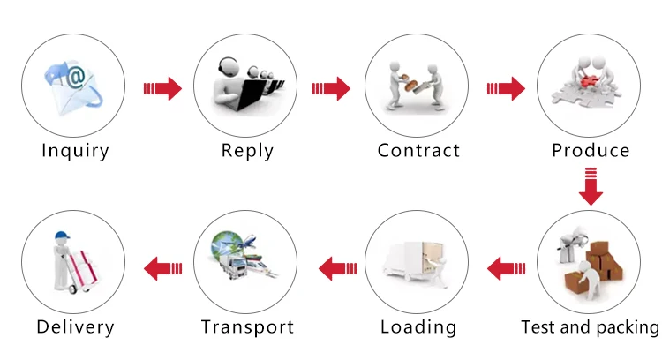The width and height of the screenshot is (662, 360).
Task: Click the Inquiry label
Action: [x=75, y=150]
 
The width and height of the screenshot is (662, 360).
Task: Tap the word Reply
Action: [x=247, y=150]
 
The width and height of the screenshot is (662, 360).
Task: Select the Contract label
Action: [x=418, y=150]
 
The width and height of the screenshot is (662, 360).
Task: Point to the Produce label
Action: [x=591, y=150]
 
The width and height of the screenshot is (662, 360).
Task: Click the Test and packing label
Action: [x=591, y=327]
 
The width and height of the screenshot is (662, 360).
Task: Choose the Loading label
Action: [x=418, y=327]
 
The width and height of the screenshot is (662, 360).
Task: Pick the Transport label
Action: [x=247, y=327]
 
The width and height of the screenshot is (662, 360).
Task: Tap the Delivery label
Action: [x=75, y=327]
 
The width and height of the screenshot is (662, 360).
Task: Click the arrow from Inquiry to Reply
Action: [x=162, y=88]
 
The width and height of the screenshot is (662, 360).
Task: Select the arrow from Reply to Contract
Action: [x=332, y=88]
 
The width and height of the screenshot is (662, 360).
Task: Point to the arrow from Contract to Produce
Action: [x=505, y=88]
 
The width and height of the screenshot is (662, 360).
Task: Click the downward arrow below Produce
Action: [x=591, y=186]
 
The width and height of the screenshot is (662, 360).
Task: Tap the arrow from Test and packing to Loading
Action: [x=507, y=266]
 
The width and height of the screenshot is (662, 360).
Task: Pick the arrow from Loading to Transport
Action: [x=336, y=266]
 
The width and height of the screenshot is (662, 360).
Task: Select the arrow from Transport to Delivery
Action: [x=163, y=266]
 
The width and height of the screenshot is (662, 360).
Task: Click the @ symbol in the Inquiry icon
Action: [x=75, y=78]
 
